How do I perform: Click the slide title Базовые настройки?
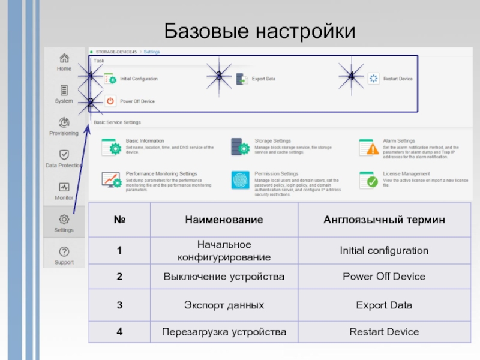click(260, 30)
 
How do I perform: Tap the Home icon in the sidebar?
click(64, 59)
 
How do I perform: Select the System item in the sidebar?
click(64, 91)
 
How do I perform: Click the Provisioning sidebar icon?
click(64, 123)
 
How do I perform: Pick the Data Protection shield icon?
click(64, 155)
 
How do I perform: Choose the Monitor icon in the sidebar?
click(64, 187)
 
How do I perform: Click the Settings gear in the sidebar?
click(64, 220)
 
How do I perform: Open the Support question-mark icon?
click(64, 252)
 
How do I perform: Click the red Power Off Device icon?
click(110, 101)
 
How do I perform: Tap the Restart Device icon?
click(374, 79)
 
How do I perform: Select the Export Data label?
click(263, 79)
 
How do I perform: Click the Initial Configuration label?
click(139, 79)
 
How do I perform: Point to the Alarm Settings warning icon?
click(372, 147)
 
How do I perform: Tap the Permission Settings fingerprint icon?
click(240, 179)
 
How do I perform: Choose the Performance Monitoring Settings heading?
click(161, 174)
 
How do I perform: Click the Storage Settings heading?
click(272, 141)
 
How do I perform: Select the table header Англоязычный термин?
click(384, 220)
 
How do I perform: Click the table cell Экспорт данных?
click(223, 305)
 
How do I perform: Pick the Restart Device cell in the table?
click(384, 332)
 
